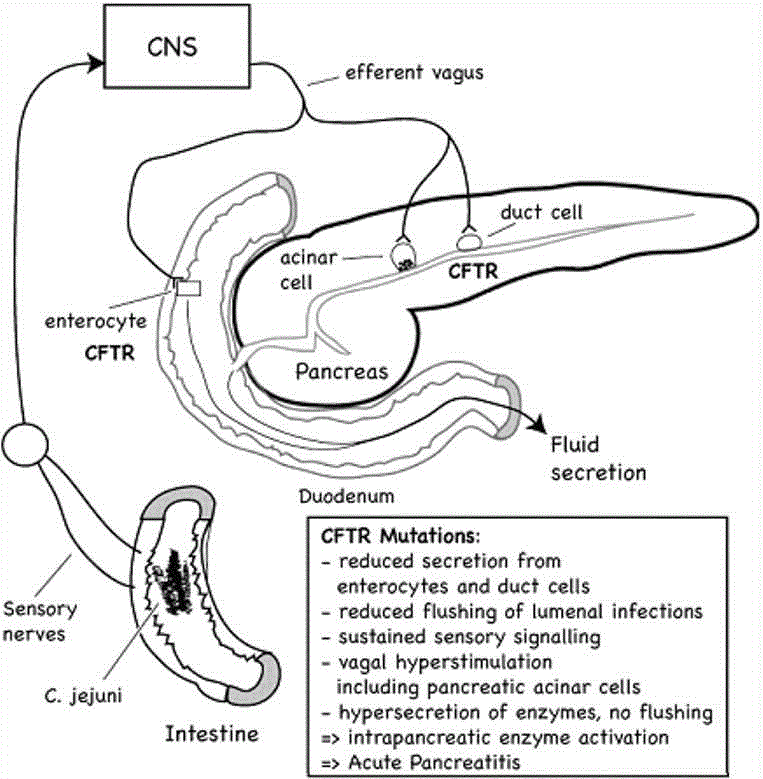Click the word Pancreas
pos(341,371)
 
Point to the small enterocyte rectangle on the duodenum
pos(188,288)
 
